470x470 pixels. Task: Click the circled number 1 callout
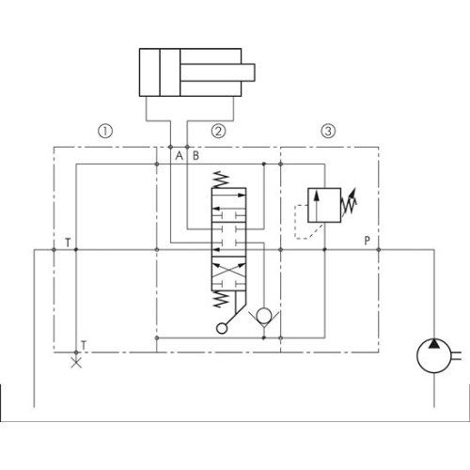105,131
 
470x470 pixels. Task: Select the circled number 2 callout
218,131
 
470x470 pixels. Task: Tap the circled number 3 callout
328,131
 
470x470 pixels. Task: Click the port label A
180,155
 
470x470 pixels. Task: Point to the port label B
196,155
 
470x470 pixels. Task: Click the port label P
368,241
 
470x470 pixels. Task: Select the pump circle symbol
434,355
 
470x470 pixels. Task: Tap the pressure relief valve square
324,205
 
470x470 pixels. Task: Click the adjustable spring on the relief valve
350,203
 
